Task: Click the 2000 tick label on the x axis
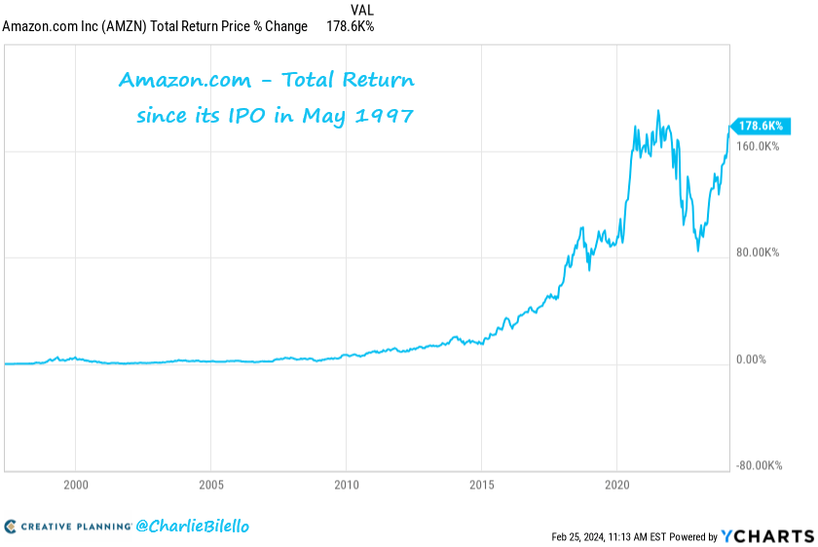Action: click(76, 484)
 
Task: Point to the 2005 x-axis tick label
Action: click(211, 484)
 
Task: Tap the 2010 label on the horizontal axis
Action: click(347, 484)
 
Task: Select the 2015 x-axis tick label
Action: click(481, 484)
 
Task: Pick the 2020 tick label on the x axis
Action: click(616, 484)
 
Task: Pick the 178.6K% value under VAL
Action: click(350, 26)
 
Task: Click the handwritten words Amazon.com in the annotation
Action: click(174, 80)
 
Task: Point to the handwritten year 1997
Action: click(387, 116)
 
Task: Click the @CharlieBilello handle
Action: click(192, 526)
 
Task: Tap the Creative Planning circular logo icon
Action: click(10, 527)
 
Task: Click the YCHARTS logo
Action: click(767, 535)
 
